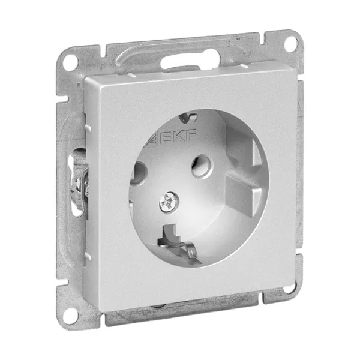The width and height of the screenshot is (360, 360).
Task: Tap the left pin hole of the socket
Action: point(138,172)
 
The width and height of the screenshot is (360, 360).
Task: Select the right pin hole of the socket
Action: point(201,166)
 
